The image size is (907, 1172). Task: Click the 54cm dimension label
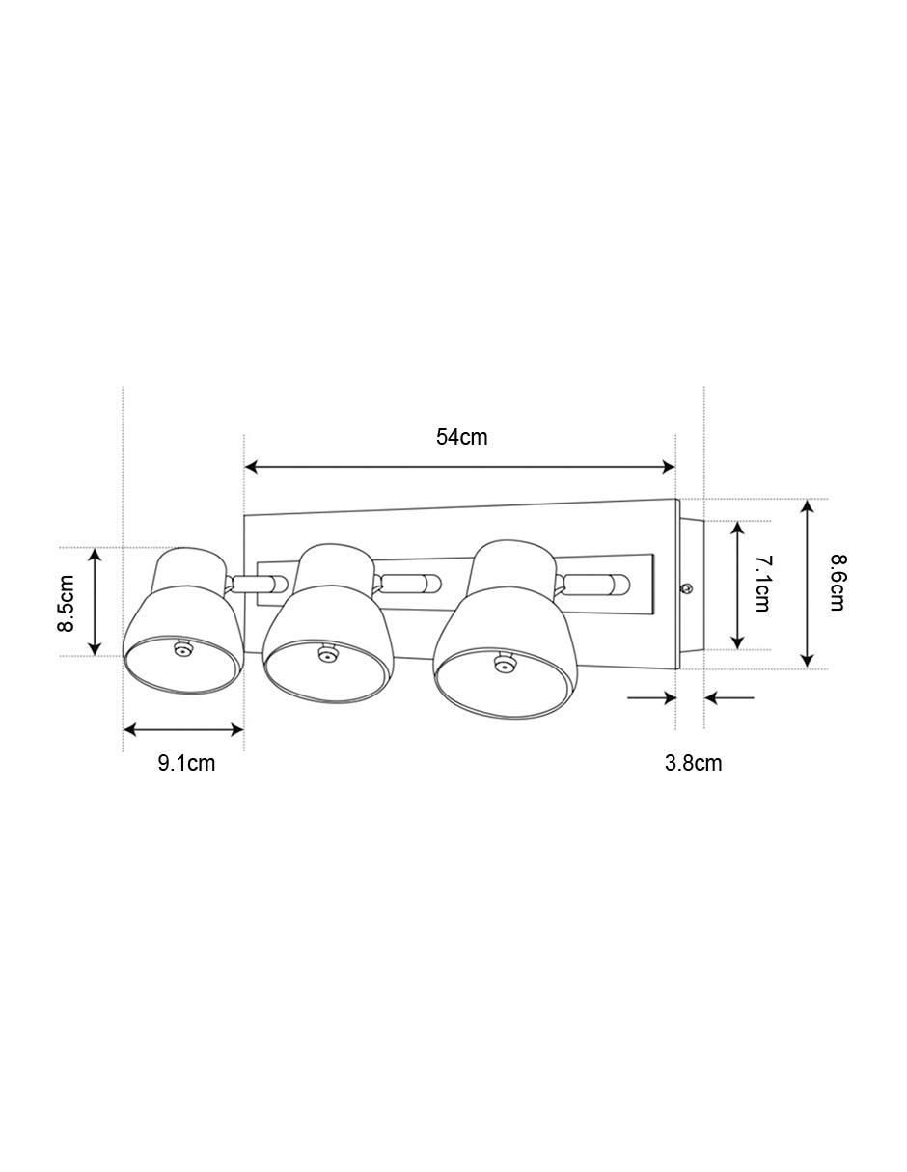click(461, 437)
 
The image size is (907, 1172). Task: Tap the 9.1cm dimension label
click(186, 763)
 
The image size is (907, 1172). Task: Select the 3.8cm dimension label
click(693, 763)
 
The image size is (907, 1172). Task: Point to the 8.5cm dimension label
click(67, 603)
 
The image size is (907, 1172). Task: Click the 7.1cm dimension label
click(762, 584)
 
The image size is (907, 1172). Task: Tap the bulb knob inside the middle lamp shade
click(326, 653)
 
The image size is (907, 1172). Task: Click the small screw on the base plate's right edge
click(687, 588)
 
